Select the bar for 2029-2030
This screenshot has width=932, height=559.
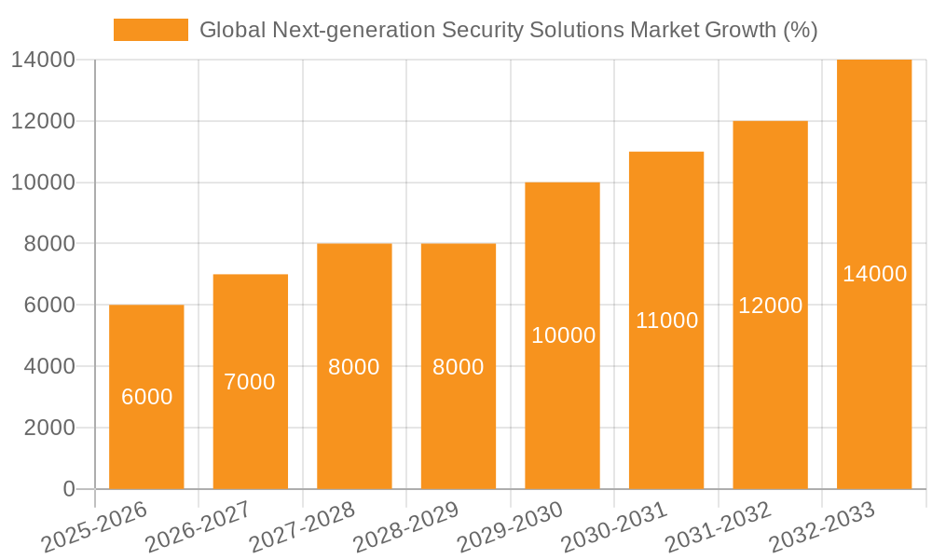pos(562,410)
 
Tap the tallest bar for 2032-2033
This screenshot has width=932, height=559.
pos(873,373)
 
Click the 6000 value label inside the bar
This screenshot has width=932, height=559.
pos(147,397)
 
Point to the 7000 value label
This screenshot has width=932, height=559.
pos(250,382)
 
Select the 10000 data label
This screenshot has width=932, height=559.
pos(563,335)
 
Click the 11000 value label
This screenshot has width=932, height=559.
pos(666,320)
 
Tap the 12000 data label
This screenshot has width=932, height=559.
pos(770,306)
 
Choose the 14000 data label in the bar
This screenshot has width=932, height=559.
pos(874,274)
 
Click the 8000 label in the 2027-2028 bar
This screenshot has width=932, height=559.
pos(354,367)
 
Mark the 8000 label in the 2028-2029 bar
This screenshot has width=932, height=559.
pos(459,367)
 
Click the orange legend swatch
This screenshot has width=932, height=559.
pos(150,30)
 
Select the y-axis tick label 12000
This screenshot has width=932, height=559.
pos(43,121)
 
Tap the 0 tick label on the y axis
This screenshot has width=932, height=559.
pos(68,489)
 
